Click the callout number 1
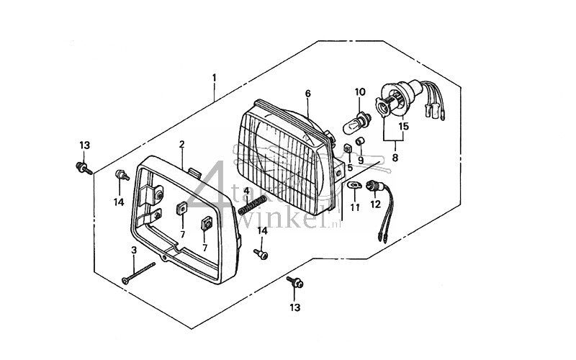tap(214, 76)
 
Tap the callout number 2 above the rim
tap(181, 144)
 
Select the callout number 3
tap(133, 250)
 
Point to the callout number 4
tap(246, 190)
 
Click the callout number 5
tap(350, 168)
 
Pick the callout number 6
tap(307, 94)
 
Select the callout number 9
tap(361, 160)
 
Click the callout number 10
tap(360, 91)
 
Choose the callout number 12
tap(374, 204)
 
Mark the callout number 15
tap(404, 127)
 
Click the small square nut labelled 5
tap(346, 148)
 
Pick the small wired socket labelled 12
tap(376, 189)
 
